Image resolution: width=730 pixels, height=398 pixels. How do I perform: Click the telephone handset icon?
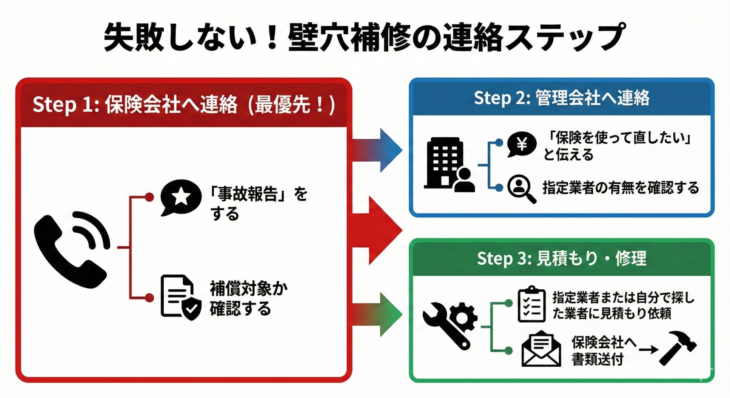(70, 249)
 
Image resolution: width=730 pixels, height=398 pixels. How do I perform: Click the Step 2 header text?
(561, 98)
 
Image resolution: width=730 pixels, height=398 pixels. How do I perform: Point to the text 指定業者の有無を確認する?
(620, 188)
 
